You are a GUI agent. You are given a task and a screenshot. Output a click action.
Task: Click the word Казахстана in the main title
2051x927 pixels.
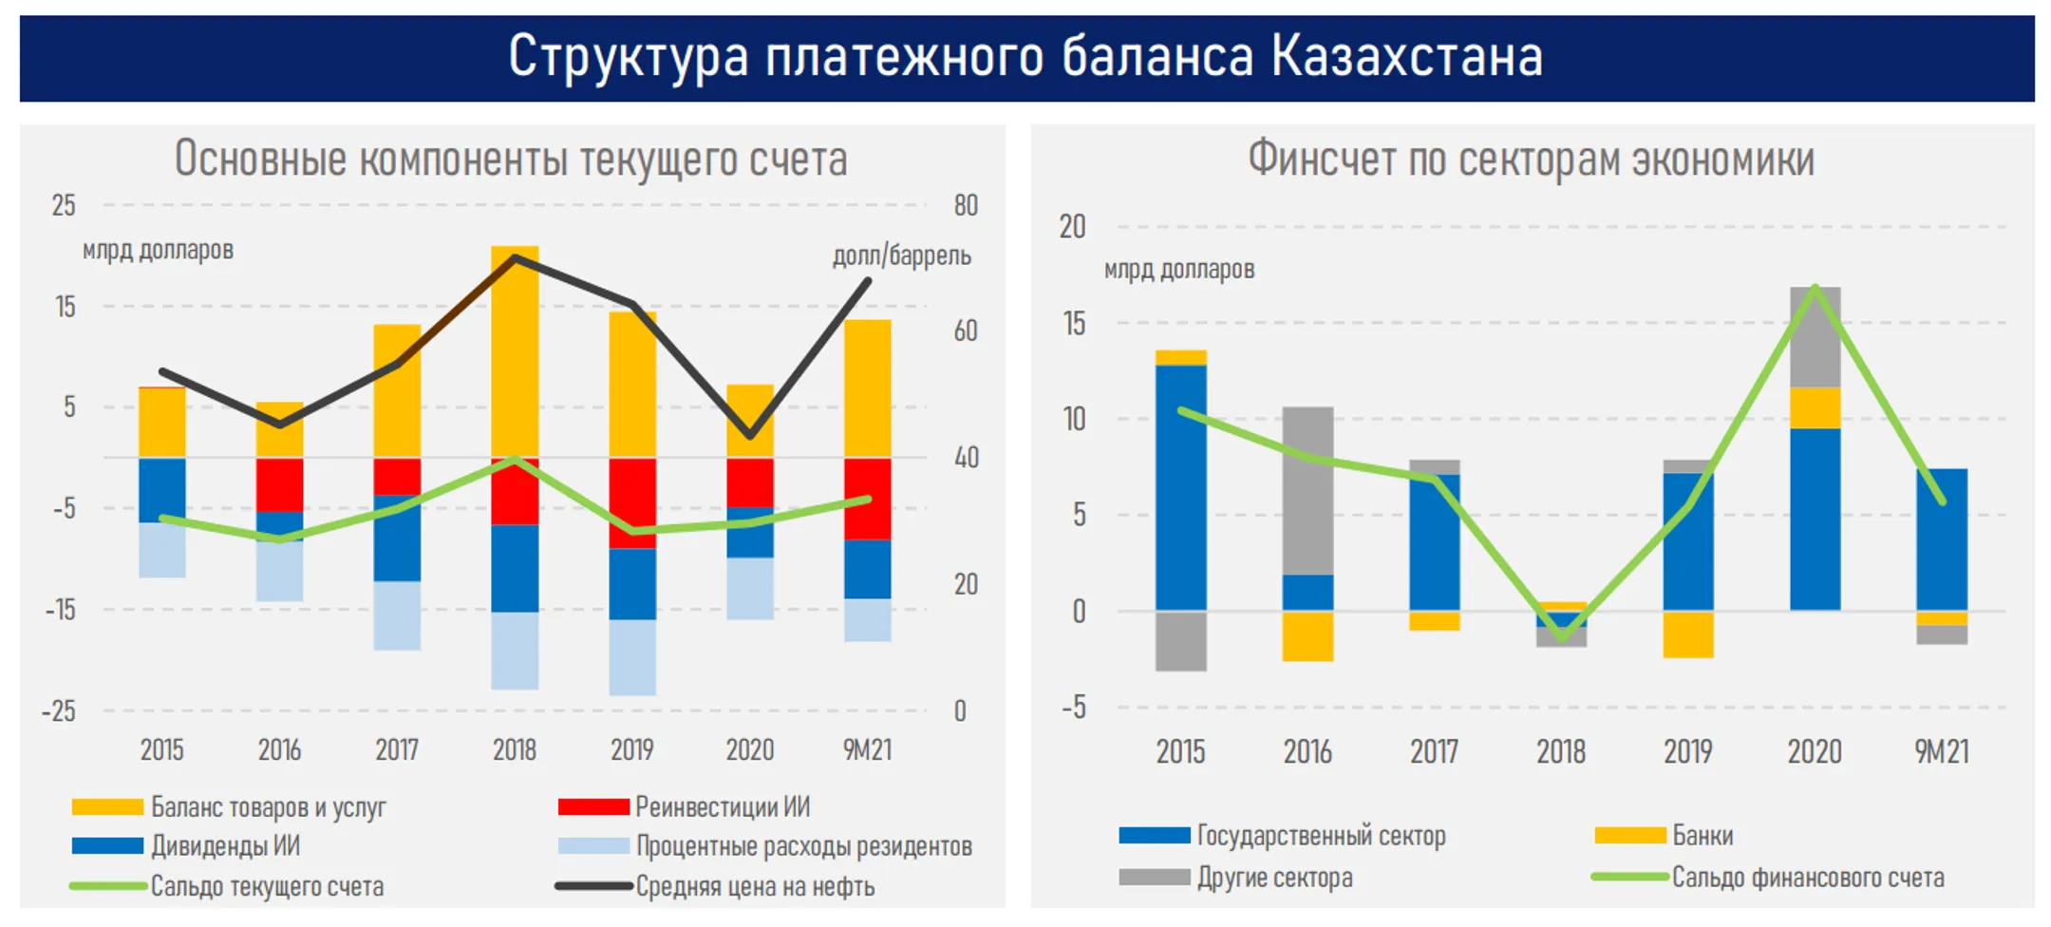[1406, 57]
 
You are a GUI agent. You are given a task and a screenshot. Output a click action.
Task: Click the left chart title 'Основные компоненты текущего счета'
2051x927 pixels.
[510, 159]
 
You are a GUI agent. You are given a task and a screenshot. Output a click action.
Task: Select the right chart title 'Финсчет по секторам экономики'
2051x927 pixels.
[1530, 159]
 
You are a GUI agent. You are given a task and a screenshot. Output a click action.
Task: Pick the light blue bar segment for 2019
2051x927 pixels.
[631, 657]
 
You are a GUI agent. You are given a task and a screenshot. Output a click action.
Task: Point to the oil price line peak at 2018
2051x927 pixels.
[515, 257]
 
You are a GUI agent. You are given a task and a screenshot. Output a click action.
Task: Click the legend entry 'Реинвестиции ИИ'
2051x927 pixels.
[722, 807]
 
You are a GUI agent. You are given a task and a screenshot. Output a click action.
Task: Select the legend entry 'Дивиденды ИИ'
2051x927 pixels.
[225, 846]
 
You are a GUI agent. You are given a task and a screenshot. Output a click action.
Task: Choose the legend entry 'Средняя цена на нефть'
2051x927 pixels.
[754, 887]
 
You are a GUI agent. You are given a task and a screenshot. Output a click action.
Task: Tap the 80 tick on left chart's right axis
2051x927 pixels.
[965, 205]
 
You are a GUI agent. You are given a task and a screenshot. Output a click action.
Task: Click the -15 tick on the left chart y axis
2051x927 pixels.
[61, 610]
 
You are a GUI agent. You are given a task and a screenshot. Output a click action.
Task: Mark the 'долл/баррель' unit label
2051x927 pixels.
[901, 255]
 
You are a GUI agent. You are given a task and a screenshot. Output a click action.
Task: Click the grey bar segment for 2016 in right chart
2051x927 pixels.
[1307, 489]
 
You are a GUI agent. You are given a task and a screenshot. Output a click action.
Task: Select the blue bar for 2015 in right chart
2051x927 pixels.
[1180, 486]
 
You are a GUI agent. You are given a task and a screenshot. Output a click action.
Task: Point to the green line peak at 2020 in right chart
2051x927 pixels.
[1815, 288]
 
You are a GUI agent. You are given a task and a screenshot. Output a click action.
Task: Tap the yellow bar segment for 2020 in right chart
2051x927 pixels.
[1815, 407]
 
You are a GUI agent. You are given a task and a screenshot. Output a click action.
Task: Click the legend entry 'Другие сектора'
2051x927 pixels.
[1273, 878]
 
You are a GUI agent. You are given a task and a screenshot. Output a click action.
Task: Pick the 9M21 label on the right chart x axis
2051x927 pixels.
[1941, 752]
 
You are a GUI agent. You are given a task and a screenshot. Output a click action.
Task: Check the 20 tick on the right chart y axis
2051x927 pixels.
[1072, 227]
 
